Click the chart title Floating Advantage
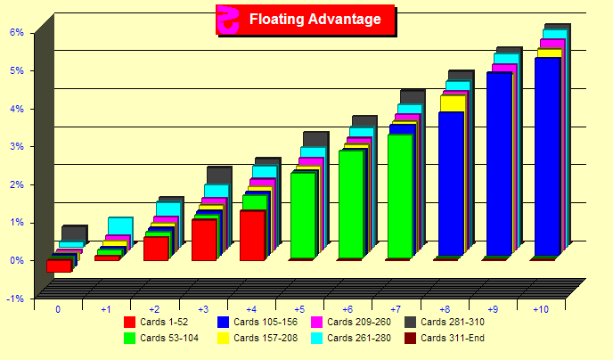click(315, 19)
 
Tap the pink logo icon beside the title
click(229, 19)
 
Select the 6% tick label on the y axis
click(16, 32)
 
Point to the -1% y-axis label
click(15, 299)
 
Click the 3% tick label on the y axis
click(16, 146)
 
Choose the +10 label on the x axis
click(541, 309)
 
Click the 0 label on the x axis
click(58, 309)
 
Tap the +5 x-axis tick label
click(300, 309)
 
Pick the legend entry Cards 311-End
click(454, 338)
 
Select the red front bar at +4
click(252, 235)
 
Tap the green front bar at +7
click(400, 196)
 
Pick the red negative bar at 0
click(59, 266)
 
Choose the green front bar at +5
click(303, 215)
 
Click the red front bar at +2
click(156, 248)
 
